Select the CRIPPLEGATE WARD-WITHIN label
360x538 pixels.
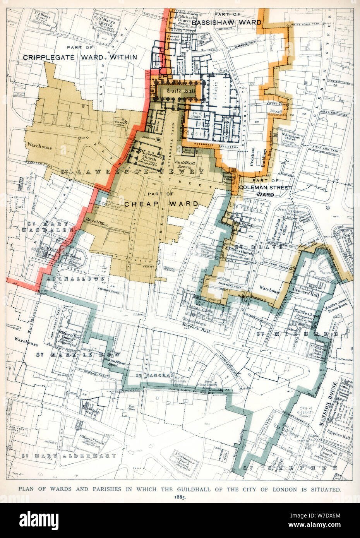tap(80, 57)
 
